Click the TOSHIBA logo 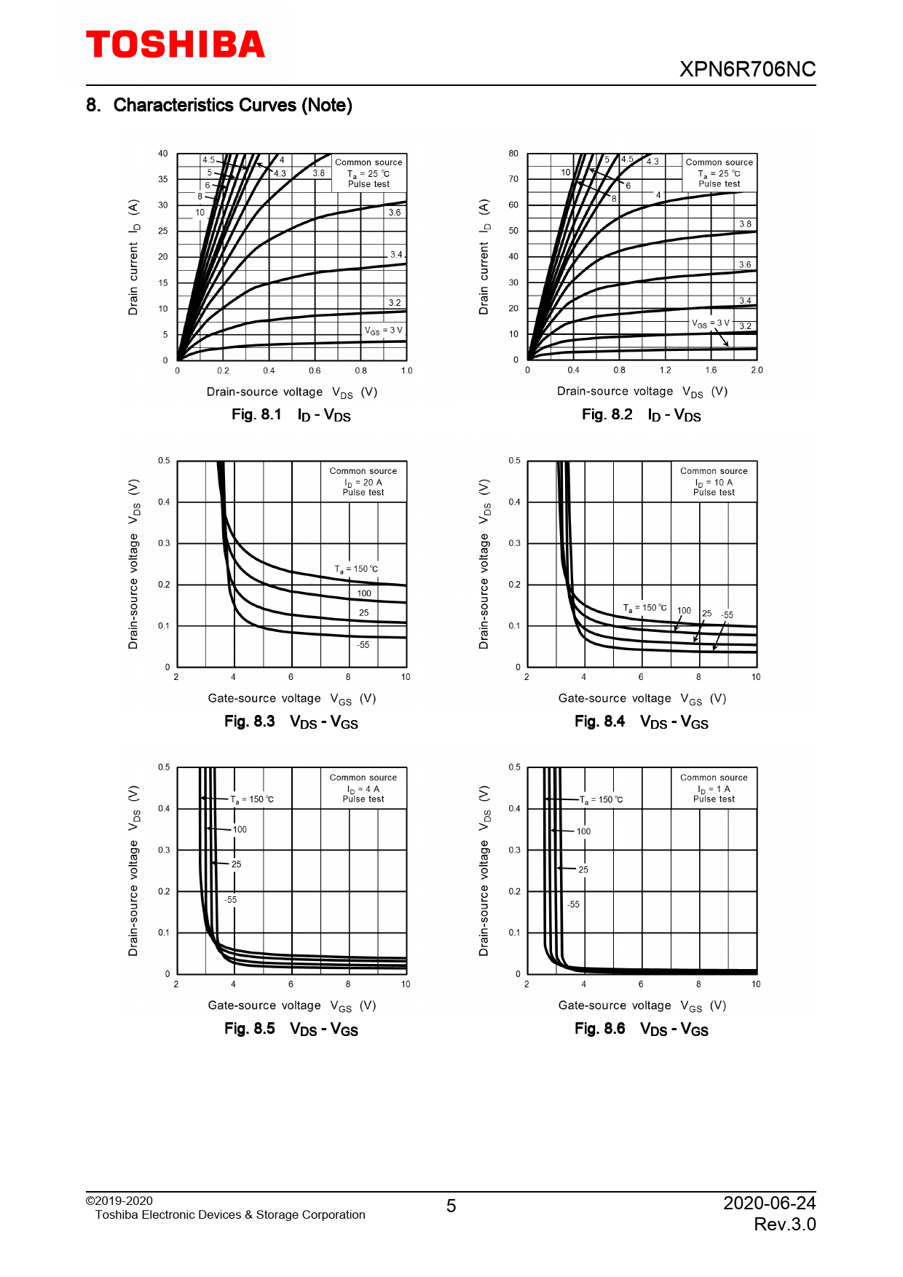point(176,45)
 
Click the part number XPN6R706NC point(747,69)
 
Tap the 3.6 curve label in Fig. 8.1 point(394,213)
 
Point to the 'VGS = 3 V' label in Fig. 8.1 point(383,331)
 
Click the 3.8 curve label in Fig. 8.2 point(745,224)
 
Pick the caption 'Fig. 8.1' point(256,415)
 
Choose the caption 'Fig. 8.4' point(599,721)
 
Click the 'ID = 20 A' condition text point(363,482)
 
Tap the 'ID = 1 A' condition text point(714,789)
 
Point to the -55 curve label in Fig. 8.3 point(363,645)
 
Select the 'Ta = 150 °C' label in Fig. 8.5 point(252,799)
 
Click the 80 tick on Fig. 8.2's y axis point(513,154)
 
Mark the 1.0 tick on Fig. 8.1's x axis point(406,371)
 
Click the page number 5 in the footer point(451,1206)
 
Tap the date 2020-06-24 point(769,1203)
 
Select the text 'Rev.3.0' point(784,1225)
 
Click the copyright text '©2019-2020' point(119,1201)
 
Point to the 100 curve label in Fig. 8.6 point(583,831)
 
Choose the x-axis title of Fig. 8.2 point(642,392)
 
